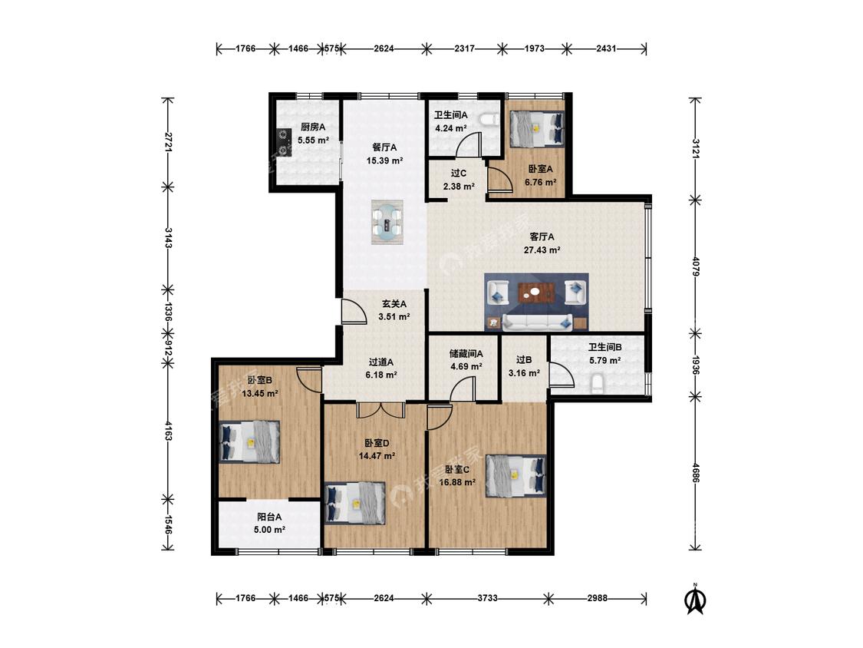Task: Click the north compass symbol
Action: (695, 599)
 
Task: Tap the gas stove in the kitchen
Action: (283, 142)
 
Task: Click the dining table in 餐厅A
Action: (387, 222)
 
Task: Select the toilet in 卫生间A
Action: (488, 120)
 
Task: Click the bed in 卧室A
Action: (537, 130)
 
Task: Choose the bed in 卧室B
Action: (249, 441)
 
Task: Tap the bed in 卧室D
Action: (355, 503)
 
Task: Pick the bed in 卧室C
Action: (516, 475)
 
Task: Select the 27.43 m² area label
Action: (542, 250)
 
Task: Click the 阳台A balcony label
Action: (270, 517)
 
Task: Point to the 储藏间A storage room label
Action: (466, 354)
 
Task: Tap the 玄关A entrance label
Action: (394, 303)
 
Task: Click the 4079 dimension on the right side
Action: (696, 266)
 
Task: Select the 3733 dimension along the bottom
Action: (486, 598)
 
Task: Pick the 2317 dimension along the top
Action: (465, 48)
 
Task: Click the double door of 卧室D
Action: (380, 410)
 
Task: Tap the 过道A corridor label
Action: (381, 362)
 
